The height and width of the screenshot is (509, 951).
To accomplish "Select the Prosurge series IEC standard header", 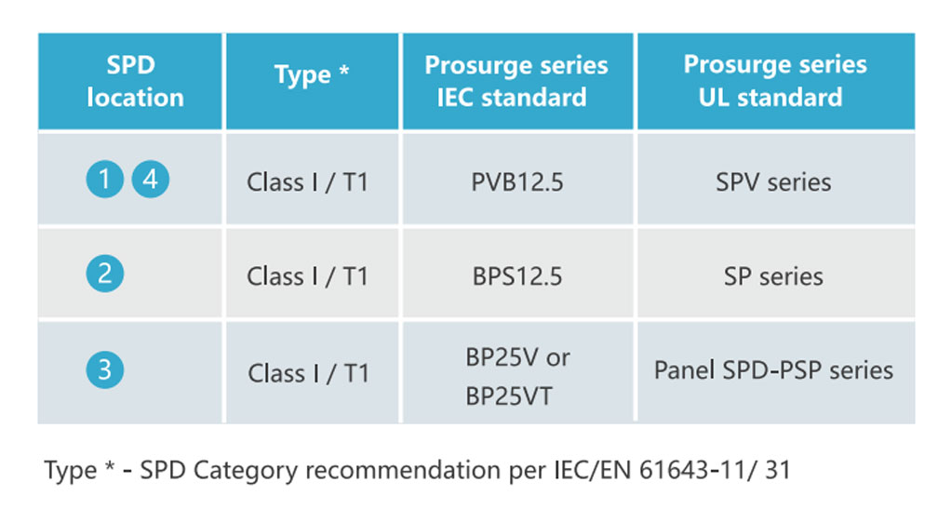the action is [516, 81].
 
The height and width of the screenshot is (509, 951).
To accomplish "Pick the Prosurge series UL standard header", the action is [775, 81].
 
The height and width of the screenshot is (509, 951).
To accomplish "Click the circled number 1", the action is [105, 179].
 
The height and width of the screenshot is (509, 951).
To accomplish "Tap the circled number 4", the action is [151, 179].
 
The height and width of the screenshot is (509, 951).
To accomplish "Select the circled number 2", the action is [105, 274].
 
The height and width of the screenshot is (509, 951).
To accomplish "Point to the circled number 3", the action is [105, 369].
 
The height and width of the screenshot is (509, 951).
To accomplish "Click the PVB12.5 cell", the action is [517, 182].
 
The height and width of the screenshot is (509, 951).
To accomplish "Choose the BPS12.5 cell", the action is [517, 276].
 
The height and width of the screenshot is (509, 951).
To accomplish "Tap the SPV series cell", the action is [773, 182].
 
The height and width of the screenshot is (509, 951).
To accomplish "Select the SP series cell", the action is [773, 276].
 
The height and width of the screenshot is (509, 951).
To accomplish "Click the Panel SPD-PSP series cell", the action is [773, 370].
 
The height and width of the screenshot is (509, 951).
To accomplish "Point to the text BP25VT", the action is [509, 396].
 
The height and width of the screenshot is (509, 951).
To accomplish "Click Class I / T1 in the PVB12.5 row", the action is [307, 182].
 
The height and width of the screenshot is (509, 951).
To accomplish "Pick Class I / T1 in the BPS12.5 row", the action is [307, 276].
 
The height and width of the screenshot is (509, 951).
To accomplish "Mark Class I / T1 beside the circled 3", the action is [308, 373].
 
